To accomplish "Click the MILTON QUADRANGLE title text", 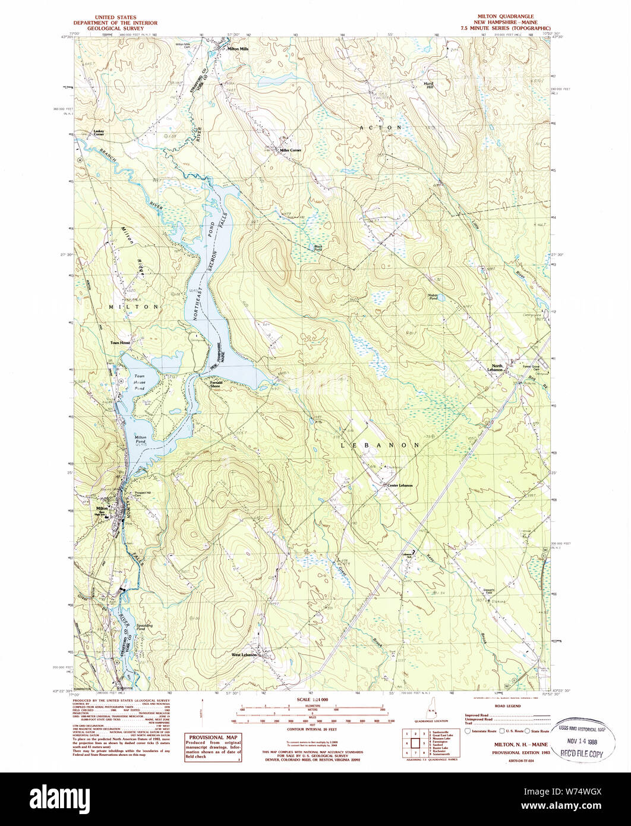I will [506, 17].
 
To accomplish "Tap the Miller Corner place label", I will [291, 150].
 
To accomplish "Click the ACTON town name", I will [380, 128].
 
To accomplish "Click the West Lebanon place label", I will [244, 655].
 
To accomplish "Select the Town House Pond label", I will [139, 382].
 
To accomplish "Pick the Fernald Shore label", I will [216, 384].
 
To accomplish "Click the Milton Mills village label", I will [238, 49].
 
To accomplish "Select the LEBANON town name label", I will [380, 444].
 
